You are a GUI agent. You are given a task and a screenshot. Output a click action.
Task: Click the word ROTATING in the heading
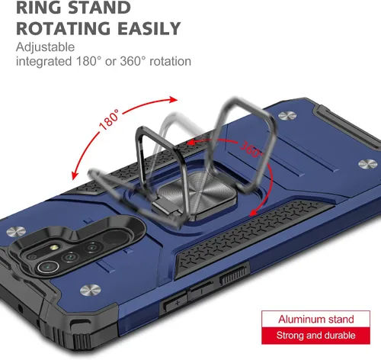64,28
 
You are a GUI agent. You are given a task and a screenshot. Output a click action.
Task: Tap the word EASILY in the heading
149,28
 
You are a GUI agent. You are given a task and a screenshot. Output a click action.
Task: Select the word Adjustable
46,47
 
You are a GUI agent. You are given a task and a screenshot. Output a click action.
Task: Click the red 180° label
109,120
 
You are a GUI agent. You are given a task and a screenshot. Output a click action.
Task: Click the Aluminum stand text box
315,319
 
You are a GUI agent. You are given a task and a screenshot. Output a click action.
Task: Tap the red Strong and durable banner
315,336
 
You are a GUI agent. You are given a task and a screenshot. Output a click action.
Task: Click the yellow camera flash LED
54,247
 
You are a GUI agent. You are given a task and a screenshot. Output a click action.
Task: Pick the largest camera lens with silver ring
48,267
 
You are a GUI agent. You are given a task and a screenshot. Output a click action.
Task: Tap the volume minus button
200,290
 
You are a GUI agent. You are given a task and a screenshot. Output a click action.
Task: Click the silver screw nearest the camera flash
16,231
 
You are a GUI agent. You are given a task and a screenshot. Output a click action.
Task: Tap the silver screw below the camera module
90,290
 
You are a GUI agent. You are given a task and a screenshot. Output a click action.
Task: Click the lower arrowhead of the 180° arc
74,175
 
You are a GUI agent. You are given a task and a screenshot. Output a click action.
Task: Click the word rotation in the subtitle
170,61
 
